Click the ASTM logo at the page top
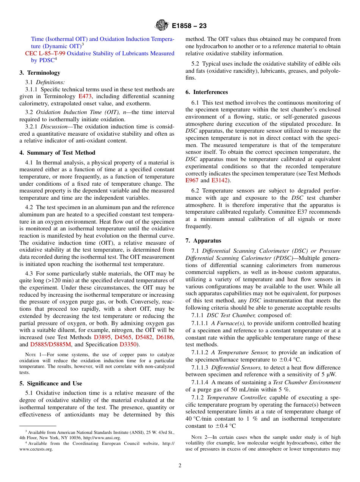162,26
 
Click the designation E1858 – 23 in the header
189,26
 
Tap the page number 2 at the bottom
180,466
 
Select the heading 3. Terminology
40,73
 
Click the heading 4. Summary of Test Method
57,153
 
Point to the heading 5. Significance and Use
51,383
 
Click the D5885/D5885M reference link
50,344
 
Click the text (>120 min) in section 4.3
59,281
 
